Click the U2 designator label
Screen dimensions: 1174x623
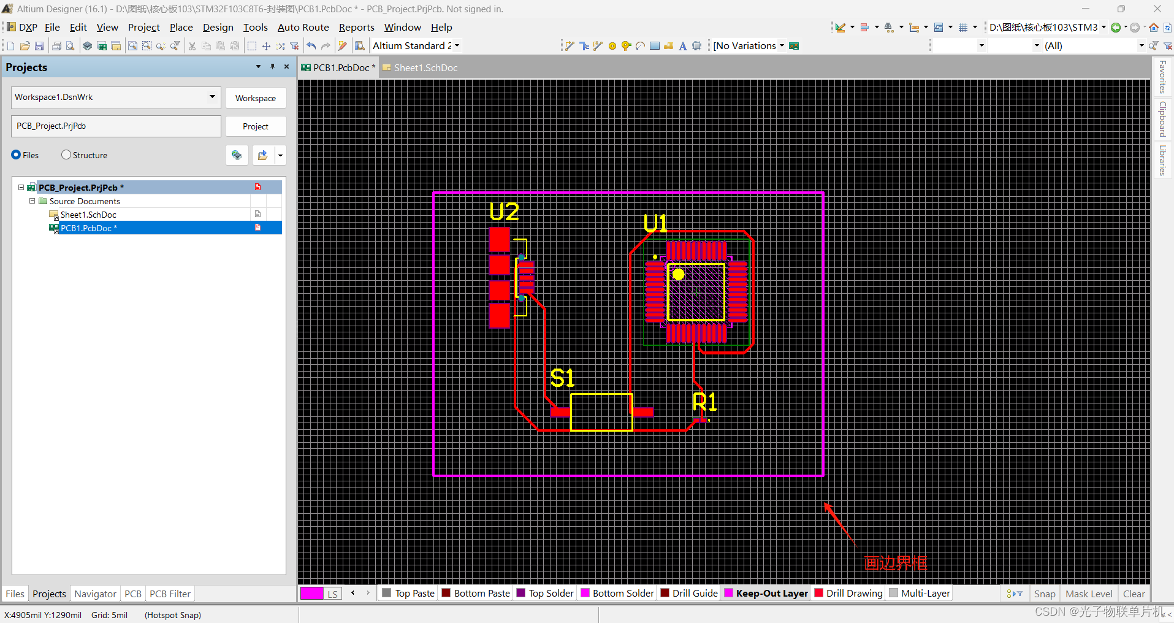pos(504,212)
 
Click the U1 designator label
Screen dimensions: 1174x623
pos(655,223)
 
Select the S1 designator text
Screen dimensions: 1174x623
pos(562,378)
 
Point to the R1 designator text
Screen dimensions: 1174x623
pos(704,402)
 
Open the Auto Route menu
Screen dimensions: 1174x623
pos(303,28)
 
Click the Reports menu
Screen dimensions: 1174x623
pos(356,28)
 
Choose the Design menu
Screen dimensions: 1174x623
pos(218,28)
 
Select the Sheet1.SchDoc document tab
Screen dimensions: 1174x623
pos(425,68)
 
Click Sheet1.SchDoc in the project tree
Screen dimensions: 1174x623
pos(88,215)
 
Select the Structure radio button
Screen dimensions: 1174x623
pos(66,155)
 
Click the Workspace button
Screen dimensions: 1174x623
pos(256,98)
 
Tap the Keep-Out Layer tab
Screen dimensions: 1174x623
pos(771,594)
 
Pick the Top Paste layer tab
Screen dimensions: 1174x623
pos(414,594)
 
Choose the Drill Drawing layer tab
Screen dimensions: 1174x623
pos(853,594)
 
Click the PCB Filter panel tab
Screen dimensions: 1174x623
pos(170,594)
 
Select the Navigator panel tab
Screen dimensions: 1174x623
pos(95,594)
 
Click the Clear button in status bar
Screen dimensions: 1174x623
pos(1134,594)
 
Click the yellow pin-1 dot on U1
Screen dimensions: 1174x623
pos(678,275)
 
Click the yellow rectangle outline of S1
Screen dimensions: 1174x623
pos(601,394)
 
